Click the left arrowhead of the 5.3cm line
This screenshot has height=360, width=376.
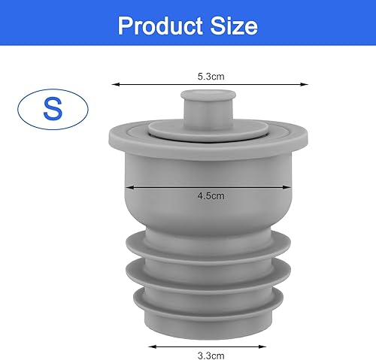[114, 84]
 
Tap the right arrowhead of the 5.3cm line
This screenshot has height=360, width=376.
[306, 84]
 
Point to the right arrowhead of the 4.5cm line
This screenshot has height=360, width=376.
[292, 186]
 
